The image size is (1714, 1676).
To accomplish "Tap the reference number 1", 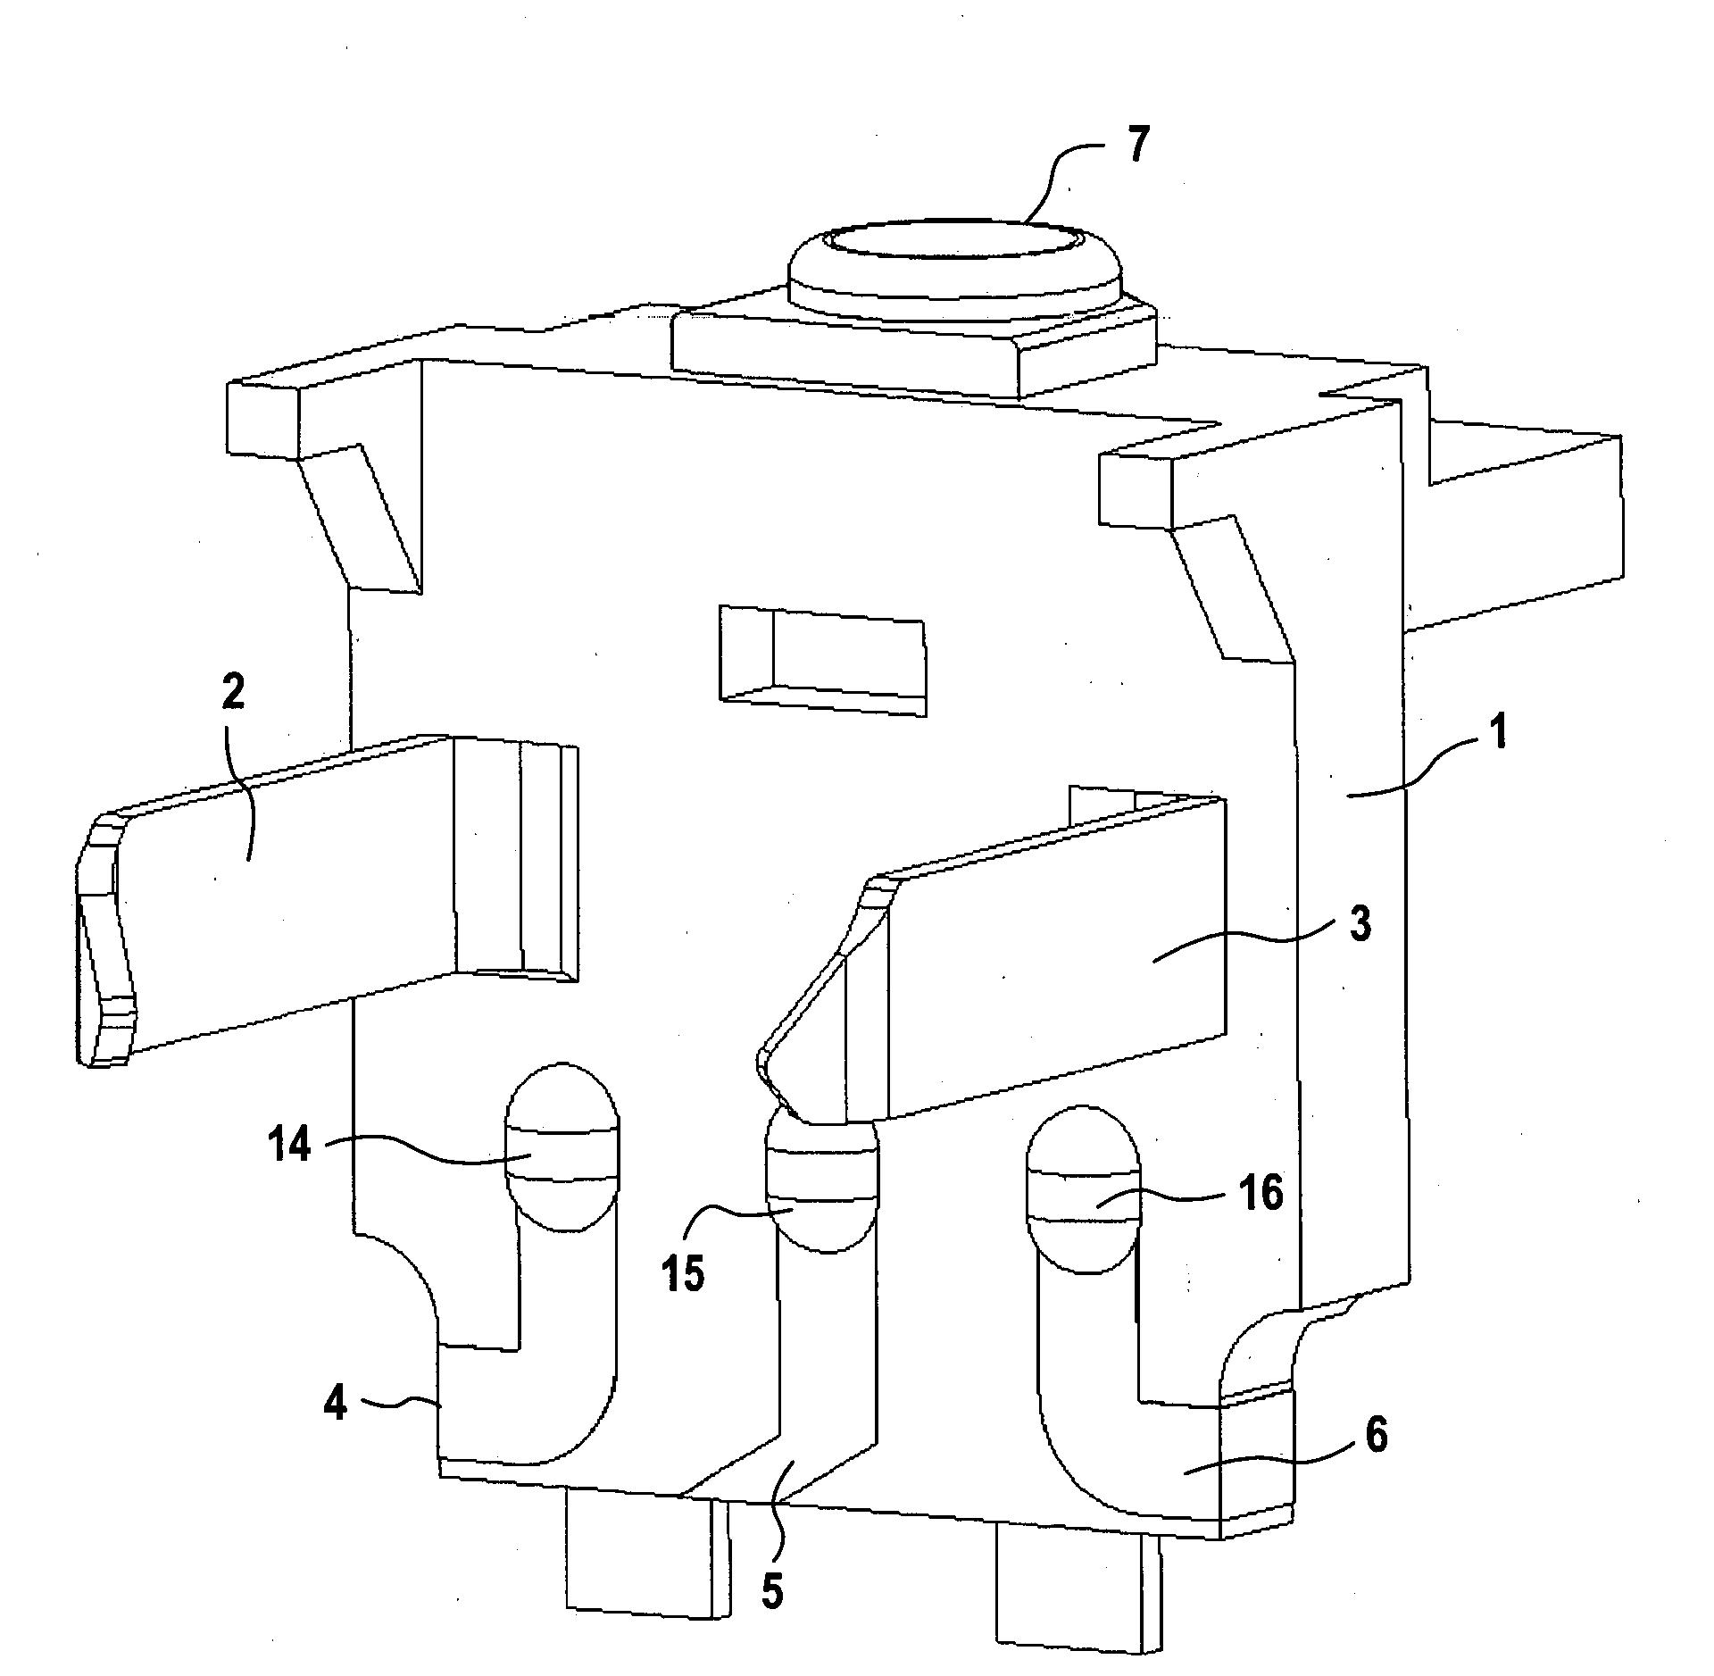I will point(1501,735).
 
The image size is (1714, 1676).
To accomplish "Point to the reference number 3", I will point(1359,926).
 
